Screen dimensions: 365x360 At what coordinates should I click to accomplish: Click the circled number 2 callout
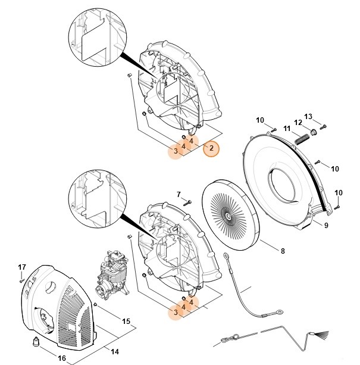tap(211, 149)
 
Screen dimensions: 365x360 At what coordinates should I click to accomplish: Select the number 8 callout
tap(282, 251)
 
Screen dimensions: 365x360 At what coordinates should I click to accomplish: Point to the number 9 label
tap(325, 224)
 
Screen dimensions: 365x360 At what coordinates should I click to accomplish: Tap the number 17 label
tap(21, 266)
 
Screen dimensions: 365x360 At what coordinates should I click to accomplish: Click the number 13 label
tap(324, 116)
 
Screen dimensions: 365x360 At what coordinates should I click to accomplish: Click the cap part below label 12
tap(313, 131)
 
